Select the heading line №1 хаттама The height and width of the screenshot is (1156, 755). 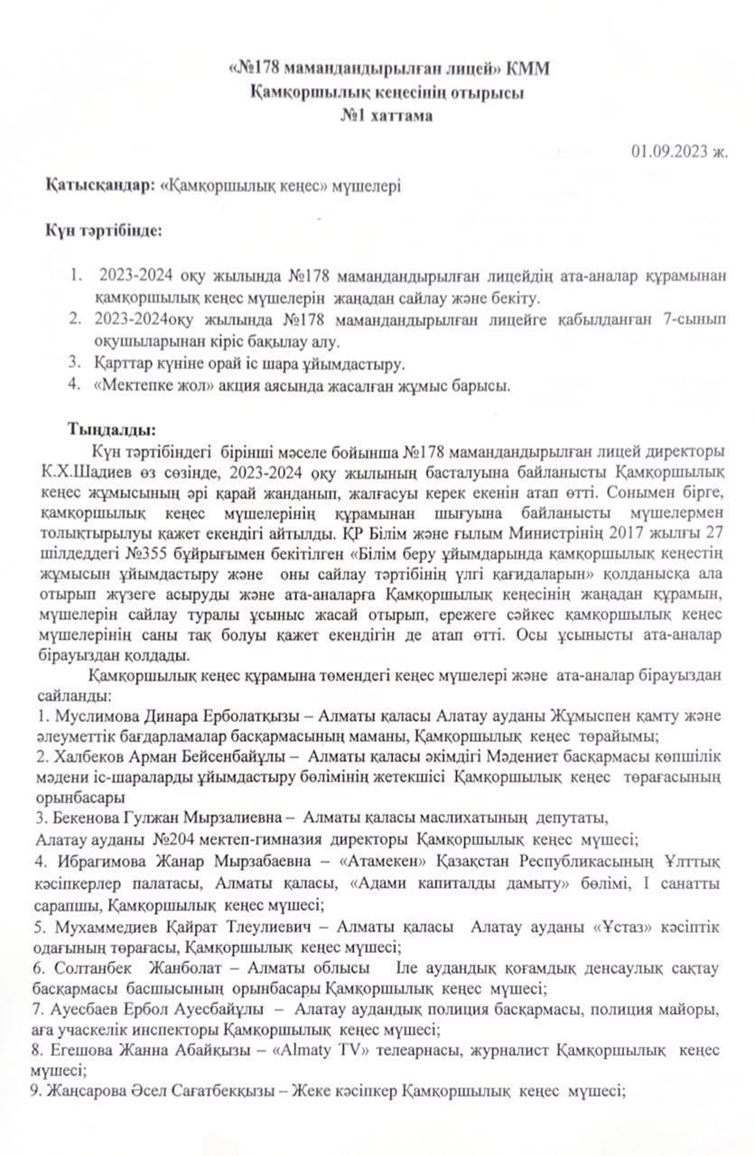click(x=386, y=116)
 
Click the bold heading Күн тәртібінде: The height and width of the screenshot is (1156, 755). click(x=105, y=230)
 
